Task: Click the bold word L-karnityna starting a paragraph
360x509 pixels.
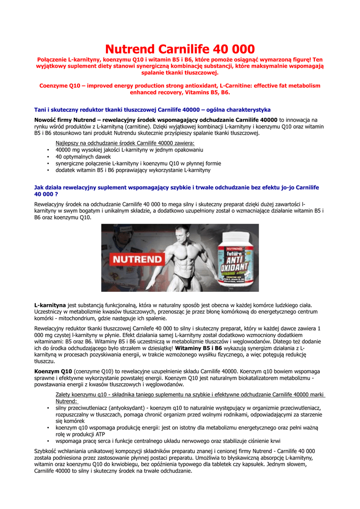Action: [50, 305]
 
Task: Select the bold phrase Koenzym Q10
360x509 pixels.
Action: [53, 371]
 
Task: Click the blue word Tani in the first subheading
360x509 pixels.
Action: [40, 109]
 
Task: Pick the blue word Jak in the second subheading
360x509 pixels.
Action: [39, 187]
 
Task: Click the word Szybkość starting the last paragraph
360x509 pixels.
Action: [46, 451]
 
